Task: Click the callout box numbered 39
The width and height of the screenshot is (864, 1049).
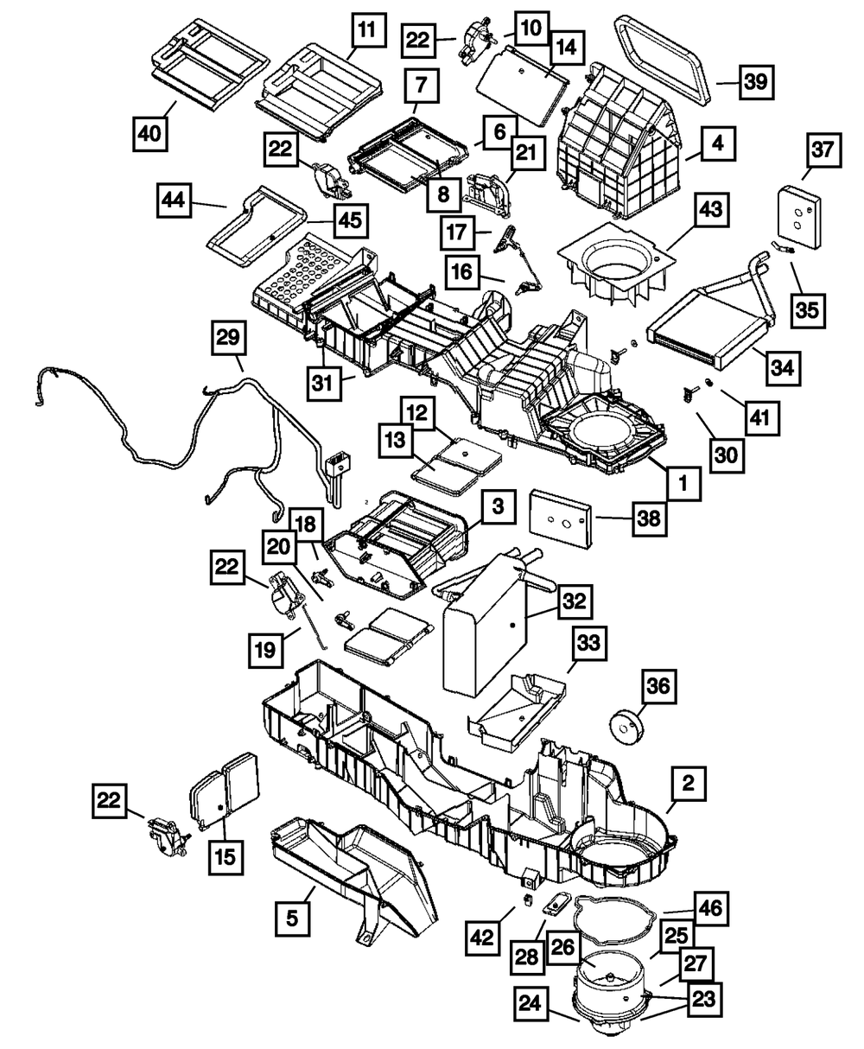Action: [x=756, y=82]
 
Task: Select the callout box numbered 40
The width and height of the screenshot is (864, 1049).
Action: [x=150, y=134]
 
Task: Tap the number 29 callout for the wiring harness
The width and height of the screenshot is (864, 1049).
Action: [x=228, y=338]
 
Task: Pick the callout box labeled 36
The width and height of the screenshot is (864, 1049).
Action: [x=658, y=687]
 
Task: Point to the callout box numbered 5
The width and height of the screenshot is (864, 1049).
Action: [x=292, y=919]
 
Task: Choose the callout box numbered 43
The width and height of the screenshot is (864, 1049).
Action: [x=712, y=210]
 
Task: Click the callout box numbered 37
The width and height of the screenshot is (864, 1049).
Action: [x=823, y=150]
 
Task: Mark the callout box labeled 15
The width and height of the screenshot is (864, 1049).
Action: [x=226, y=857]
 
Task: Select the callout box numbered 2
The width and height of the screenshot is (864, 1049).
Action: [x=689, y=784]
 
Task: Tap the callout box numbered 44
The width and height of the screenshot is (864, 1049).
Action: [x=174, y=200]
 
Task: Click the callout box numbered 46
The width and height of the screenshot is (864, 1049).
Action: [x=711, y=908]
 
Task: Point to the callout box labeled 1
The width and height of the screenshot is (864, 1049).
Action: [x=683, y=483]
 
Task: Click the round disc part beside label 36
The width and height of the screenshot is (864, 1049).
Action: [x=626, y=728]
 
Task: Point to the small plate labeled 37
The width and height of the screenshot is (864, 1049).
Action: [x=801, y=217]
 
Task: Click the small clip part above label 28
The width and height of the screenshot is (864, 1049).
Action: [x=556, y=905]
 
